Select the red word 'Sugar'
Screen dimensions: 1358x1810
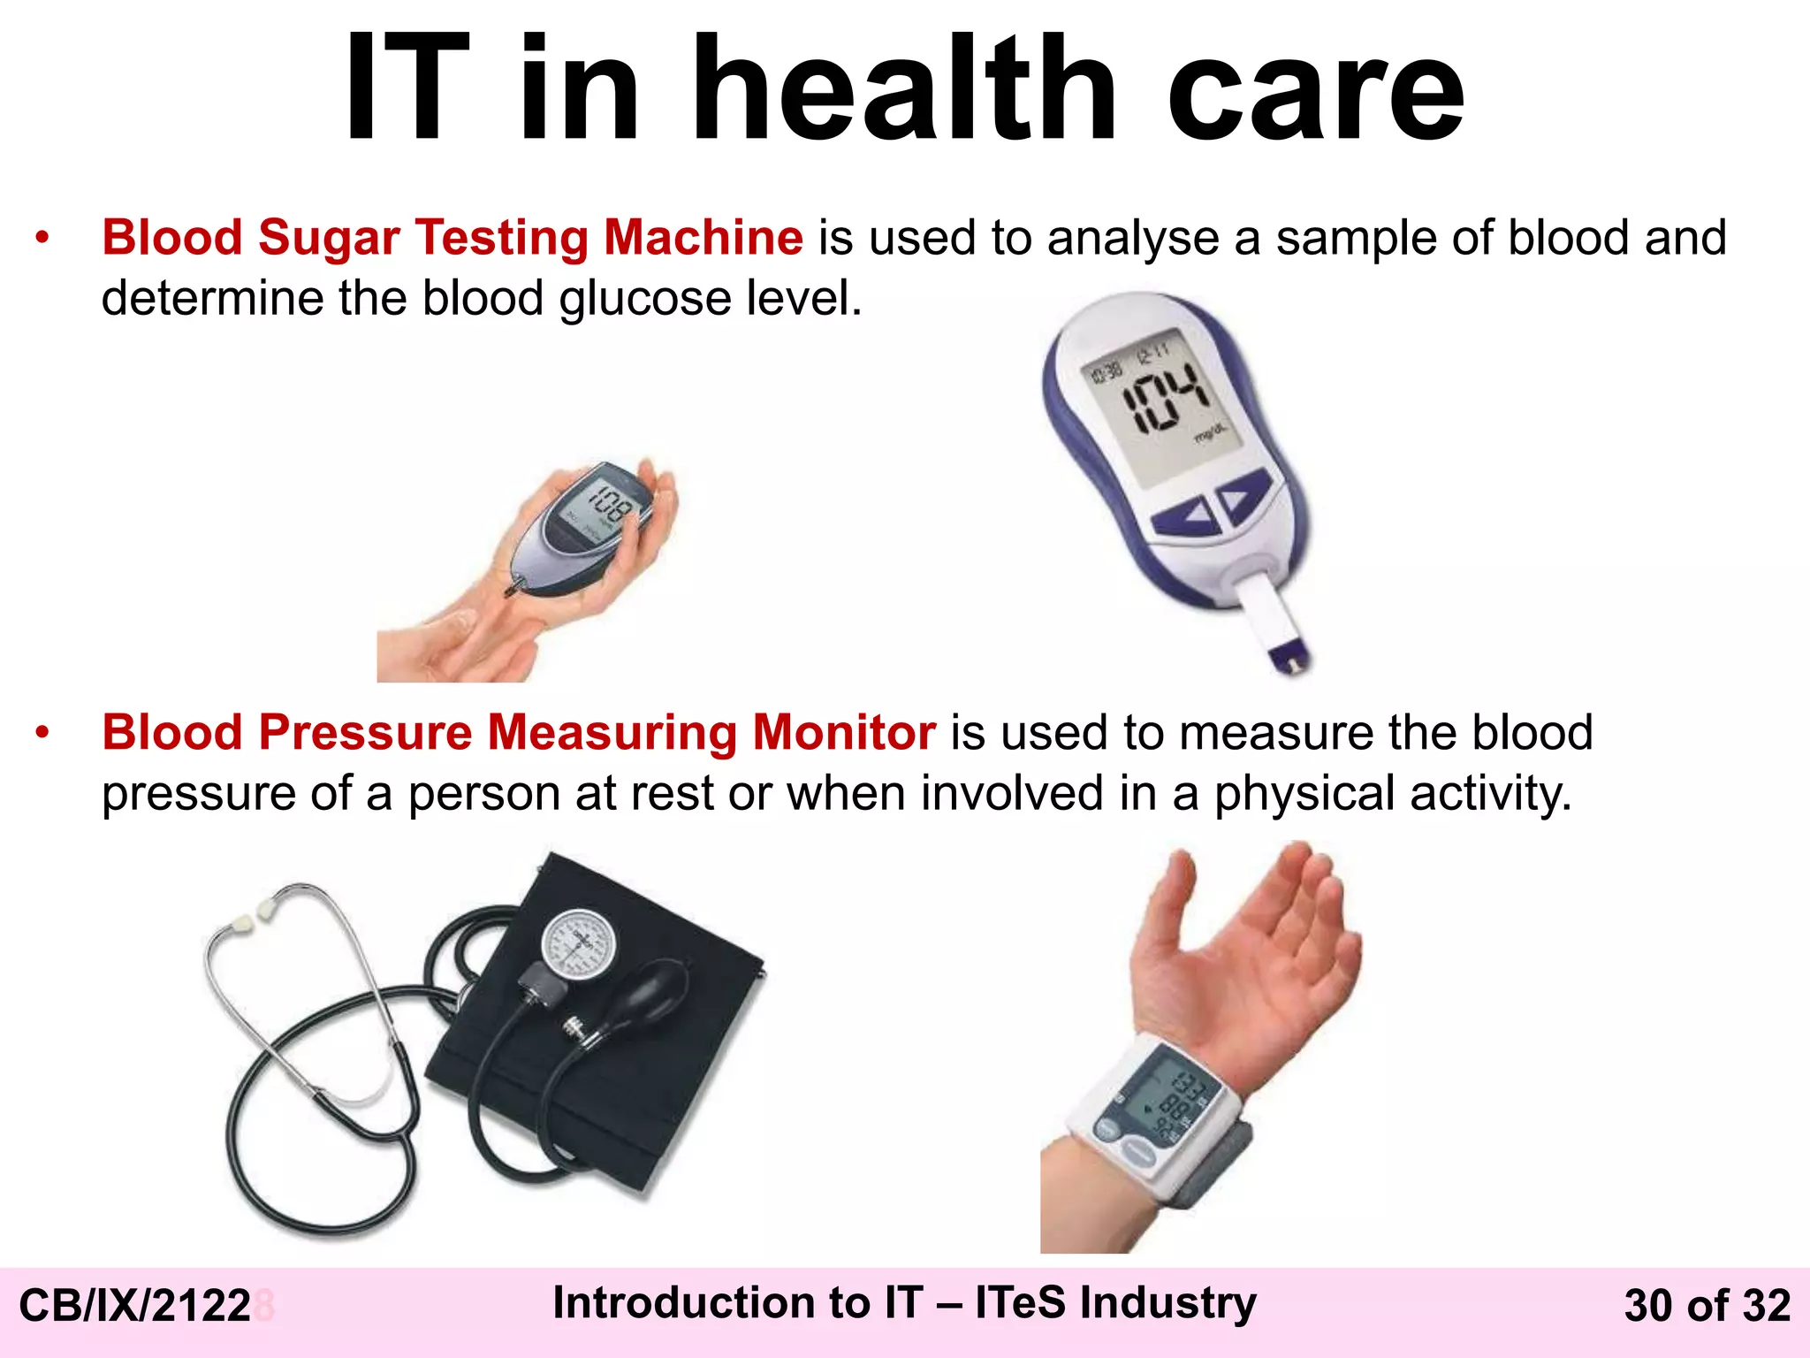click(329, 238)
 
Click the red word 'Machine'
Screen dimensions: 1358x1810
click(703, 238)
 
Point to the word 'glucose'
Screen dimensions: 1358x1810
click(645, 299)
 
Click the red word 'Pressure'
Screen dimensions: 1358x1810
click(365, 733)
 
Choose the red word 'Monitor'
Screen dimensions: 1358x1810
click(844, 733)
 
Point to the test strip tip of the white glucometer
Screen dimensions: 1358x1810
click(1289, 659)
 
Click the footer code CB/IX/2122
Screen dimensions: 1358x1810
click(135, 1306)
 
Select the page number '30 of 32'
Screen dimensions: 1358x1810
click(1707, 1306)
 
